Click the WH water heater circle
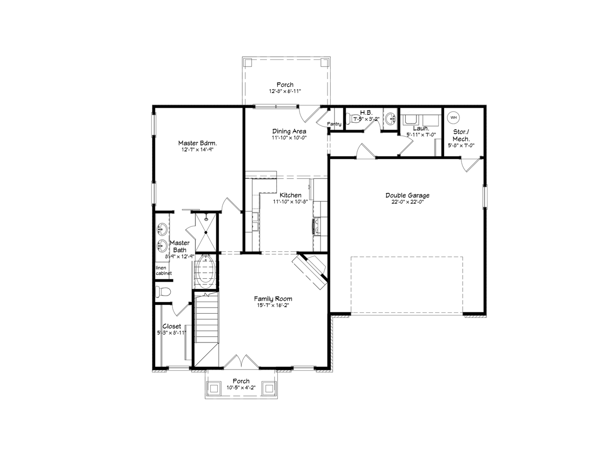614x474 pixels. [x=453, y=118]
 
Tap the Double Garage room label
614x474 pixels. [x=407, y=196]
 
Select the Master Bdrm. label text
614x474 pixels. [x=198, y=143]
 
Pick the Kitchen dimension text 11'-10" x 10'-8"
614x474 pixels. [x=290, y=202]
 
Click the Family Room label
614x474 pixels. [x=273, y=299]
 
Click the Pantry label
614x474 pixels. [x=334, y=124]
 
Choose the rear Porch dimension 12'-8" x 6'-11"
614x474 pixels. [x=285, y=91]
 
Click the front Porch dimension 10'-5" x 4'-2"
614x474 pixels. [x=241, y=388]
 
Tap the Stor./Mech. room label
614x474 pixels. [x=461, y=135]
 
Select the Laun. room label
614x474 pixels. [x=420, y=128]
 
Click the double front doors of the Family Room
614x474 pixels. [x=241, y=362]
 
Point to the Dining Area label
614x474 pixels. [x=289, y=131]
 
